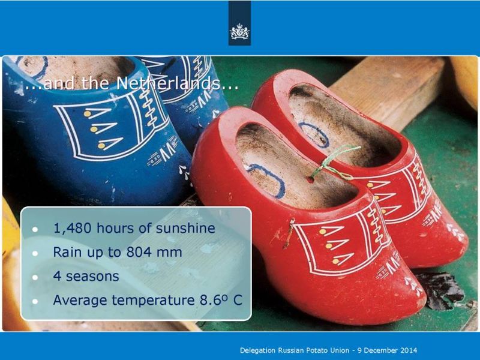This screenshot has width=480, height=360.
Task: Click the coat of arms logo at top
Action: coord(239,31)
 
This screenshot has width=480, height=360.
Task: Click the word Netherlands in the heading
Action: coord(169,83)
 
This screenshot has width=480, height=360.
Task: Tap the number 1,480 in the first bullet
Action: coord(72,229)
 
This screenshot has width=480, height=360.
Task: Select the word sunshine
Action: coord(185,229)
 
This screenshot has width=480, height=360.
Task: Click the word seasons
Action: coord(92,277)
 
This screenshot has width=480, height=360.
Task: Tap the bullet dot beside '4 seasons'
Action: coord(35,277)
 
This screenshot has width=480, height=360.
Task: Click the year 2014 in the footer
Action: coord(409,350)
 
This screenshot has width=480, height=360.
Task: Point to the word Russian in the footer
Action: coord(291,350)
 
